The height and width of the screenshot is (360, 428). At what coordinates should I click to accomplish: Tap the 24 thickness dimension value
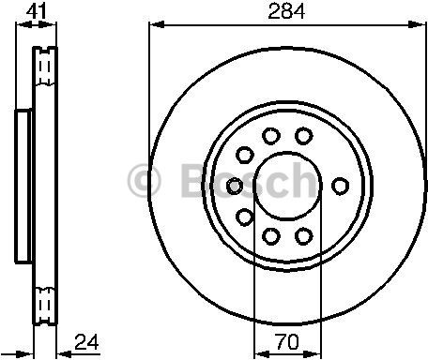click(x=86, y=342)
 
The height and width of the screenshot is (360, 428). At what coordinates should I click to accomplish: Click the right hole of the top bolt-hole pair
click(x=302, y=137)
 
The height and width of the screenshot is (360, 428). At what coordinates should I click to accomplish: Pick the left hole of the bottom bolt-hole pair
click(x=269, y=234)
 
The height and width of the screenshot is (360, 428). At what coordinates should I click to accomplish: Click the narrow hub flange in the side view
click(x=22, y=185)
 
